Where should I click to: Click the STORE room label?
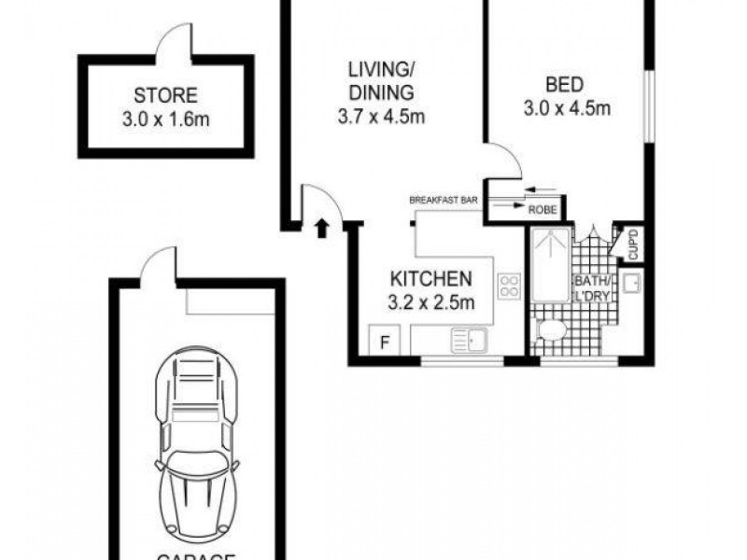(x=165, y=95)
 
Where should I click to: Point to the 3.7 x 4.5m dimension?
(x=381, y=118)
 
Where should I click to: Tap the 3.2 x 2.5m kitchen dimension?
(x=432, y=301)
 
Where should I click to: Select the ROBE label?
(x=543, y=211)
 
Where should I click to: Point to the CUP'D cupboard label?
(x=633, y=244)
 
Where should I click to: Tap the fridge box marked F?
(x=382, y=340)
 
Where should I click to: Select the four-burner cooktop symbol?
(x=510, y=286)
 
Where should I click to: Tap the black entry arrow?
(x=322, y=226)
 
